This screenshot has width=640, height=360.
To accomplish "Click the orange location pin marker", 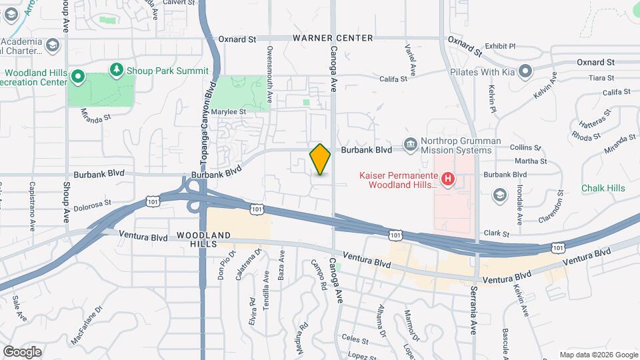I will point(320,159).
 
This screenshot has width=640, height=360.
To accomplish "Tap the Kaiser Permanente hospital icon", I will point(449,179).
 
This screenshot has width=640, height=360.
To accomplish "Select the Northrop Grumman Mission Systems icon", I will point(409,143).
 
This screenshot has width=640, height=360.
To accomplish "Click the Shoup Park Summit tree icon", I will point(117,69).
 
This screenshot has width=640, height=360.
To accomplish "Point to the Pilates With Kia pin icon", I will point(525,71).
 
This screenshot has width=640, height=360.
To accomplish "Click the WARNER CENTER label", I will point(333,38).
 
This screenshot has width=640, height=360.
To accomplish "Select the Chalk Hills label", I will point(603,188).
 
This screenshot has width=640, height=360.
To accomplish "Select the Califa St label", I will point(393,79).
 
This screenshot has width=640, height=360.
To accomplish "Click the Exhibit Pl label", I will point(501,46).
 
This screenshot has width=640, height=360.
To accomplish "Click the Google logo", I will point(22,351).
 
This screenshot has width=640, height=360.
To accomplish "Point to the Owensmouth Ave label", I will point(270,67).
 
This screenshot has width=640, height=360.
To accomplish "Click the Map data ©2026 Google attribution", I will point(598,355).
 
